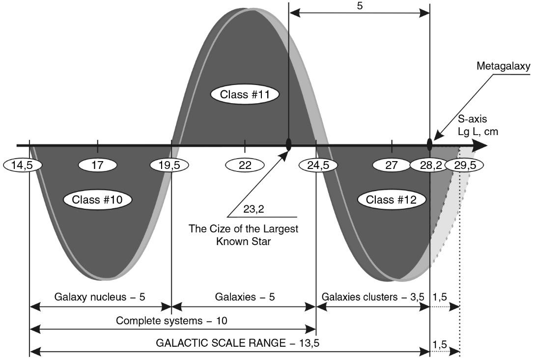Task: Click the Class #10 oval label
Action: click(97, 200)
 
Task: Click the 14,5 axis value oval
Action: click(22, 165)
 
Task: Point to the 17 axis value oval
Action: click(98, 165)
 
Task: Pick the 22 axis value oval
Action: click(245, 165)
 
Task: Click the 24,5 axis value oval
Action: click(318, 165)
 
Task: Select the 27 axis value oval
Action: click(392, 165)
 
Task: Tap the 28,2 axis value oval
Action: click(430, 165)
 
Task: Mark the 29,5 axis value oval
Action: click(464, 165)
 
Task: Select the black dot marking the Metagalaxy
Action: click(430, 144)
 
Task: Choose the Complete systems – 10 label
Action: click(171, 321)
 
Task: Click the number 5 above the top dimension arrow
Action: click(360, 7)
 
